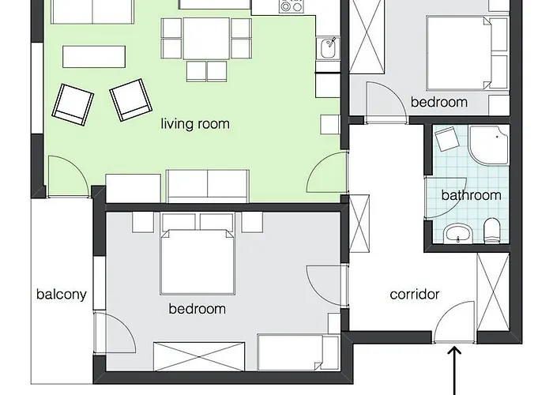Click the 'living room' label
pos(195,124)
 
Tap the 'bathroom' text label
pos(471,195)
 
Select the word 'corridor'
pos(415,294)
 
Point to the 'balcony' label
pos(62,294)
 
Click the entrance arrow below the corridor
pos(455,371)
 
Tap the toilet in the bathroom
pos(492,231)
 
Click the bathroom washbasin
pos(457,233)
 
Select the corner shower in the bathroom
pos(489,145)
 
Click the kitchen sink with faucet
pos(329,48)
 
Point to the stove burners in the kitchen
pos(292,6)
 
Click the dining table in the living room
pos(206,38)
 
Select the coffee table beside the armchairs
pos(94,56)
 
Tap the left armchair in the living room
pos(73,104)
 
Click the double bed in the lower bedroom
pos(197,261)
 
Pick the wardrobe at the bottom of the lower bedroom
pos(199,356)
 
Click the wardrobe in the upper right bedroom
pos(367,36)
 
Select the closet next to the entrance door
pos(493,292)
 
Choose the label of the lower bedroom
pos(197,309)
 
